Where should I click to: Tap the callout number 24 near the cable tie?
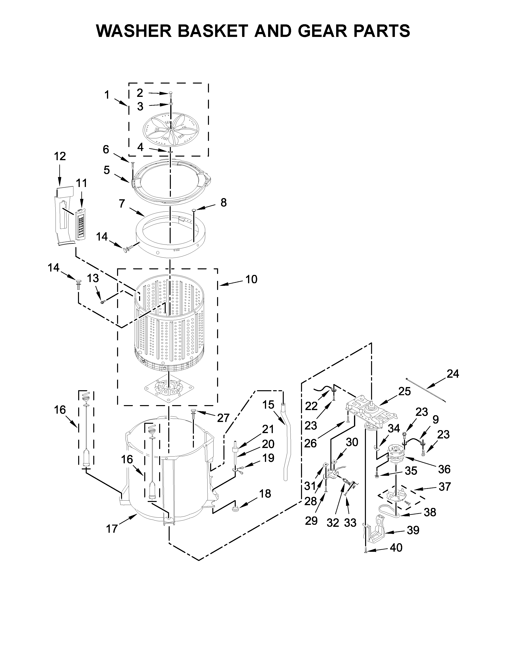click(x=453, y=374)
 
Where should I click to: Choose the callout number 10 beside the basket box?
click(x=251, y=279)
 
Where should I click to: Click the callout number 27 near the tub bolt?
click(x=223, y=418)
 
